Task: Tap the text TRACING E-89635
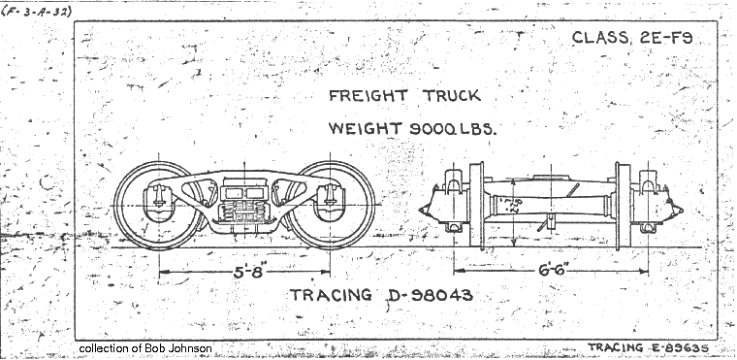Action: [649, 346]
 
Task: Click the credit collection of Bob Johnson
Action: [145, 348]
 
